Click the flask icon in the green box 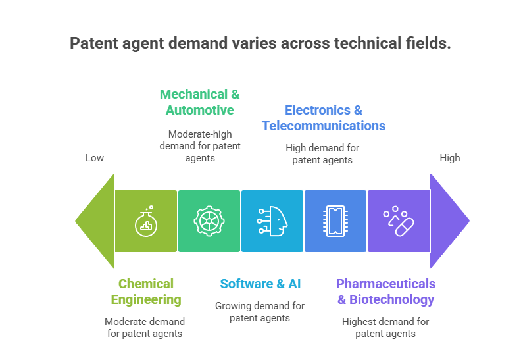pos(146,221)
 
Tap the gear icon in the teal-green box pos(209,221)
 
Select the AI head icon pos(272,221)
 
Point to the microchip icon pos(335,221)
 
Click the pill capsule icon pos(398,221)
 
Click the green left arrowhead pos(95,221)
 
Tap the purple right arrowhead pos(449,221)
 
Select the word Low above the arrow pos(95,158)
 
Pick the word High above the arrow pos(450,158)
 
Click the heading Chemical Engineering pos(146,292)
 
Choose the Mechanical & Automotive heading pos(200,102)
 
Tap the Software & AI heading pos(260,284)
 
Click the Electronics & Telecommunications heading pos(323,118)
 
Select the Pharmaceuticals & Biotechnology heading pos(385,292)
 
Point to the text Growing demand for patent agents pos(260,311)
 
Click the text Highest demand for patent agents pos(385,327)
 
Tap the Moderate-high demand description pos(200,145)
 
